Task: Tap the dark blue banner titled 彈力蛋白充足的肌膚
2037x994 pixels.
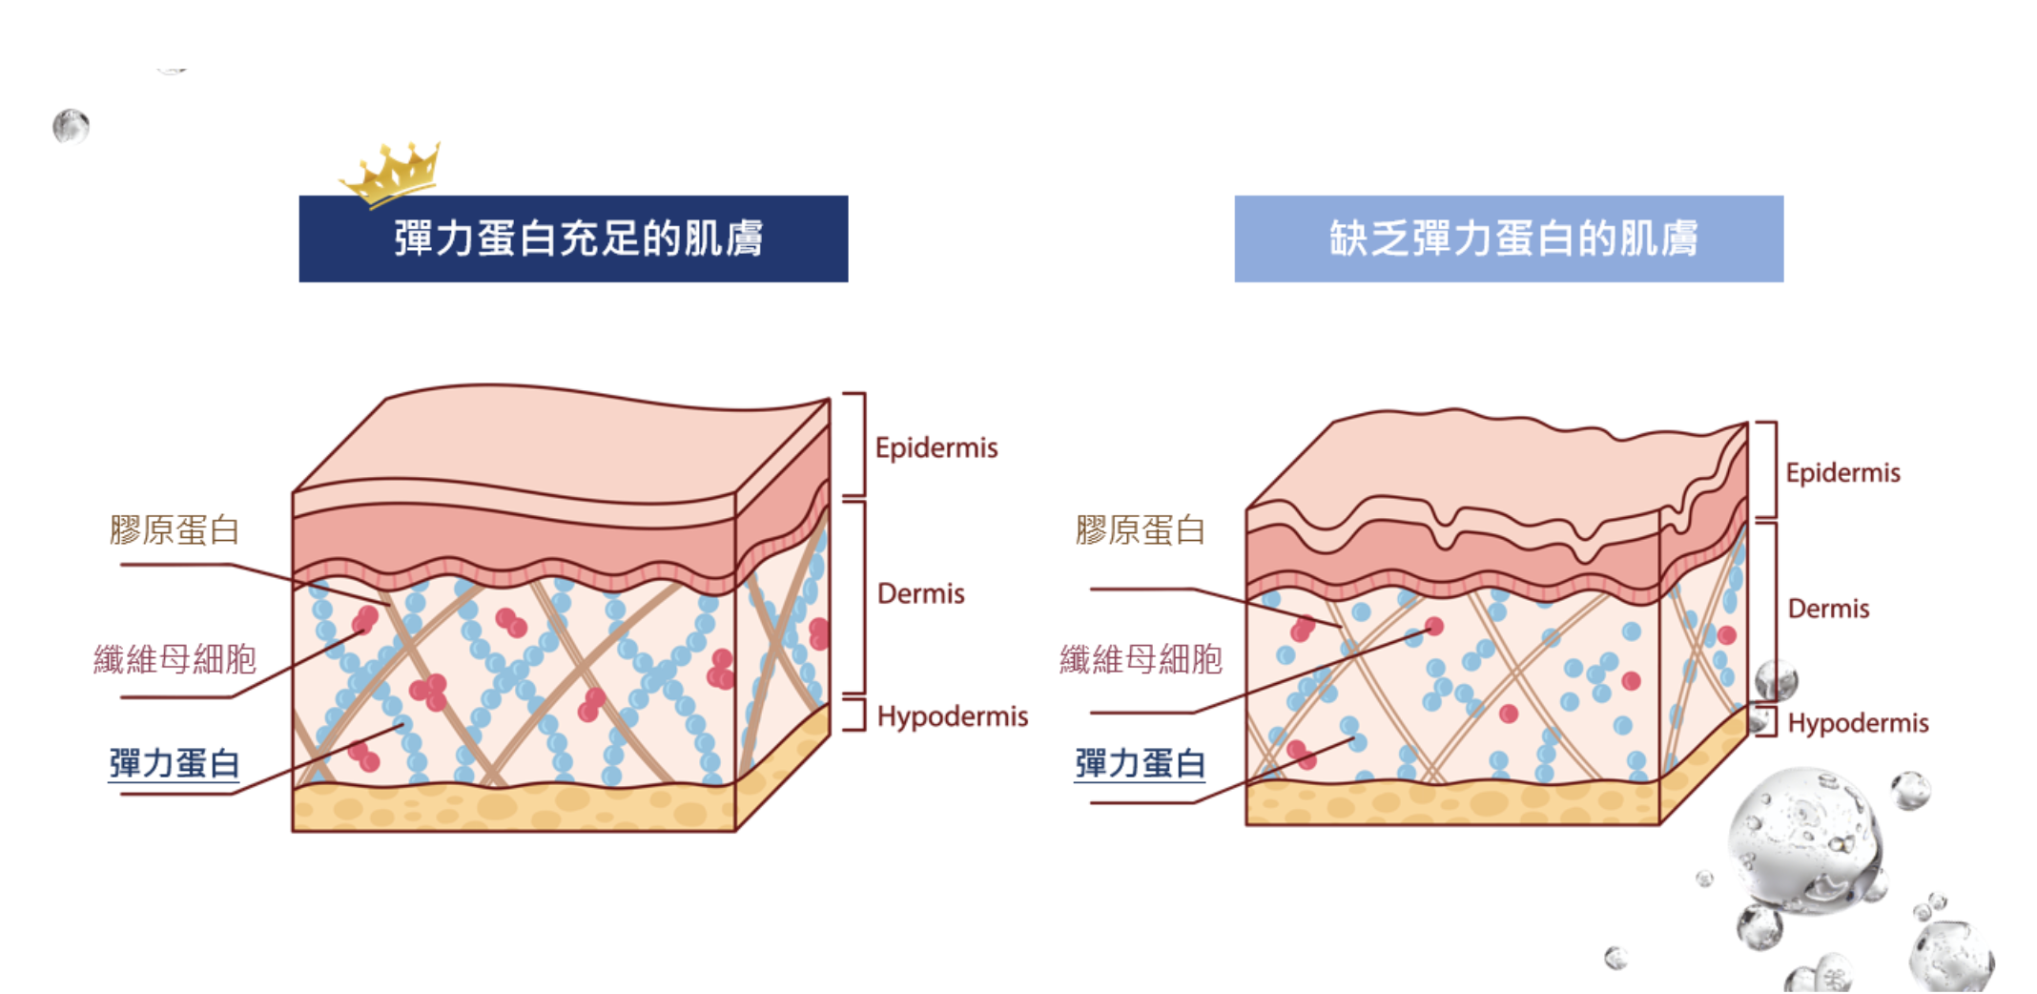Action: click(573, 238)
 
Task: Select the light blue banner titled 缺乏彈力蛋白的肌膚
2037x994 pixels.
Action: click(1509, 238)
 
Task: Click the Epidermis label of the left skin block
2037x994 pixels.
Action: click(936, 447)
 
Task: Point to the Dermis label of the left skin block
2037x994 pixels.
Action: click(920, 593)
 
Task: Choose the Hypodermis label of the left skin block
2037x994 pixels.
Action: click(952, 715)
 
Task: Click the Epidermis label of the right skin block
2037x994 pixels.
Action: click(1842, 472)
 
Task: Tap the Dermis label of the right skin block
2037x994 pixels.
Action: click(1828, 609)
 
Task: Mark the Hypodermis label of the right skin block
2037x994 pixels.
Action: click(1858, 723)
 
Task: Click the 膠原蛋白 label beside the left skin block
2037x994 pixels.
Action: click(175, 529)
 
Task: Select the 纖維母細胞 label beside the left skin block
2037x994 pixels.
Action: click(175, 658)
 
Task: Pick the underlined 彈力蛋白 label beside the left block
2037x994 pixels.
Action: click(174, 763)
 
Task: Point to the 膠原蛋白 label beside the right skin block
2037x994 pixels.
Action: click(1140, 529)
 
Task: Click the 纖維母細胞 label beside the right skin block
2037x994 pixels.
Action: click(1141, 658)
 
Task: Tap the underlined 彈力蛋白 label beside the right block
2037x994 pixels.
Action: click(1140, 763)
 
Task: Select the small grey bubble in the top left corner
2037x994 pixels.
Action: click(71, 126)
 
